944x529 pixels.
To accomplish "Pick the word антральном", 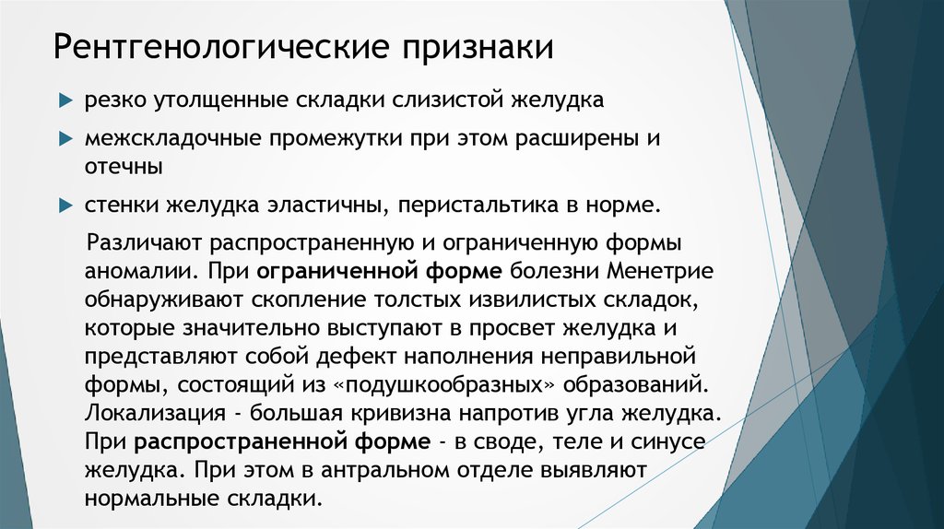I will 407,471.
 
